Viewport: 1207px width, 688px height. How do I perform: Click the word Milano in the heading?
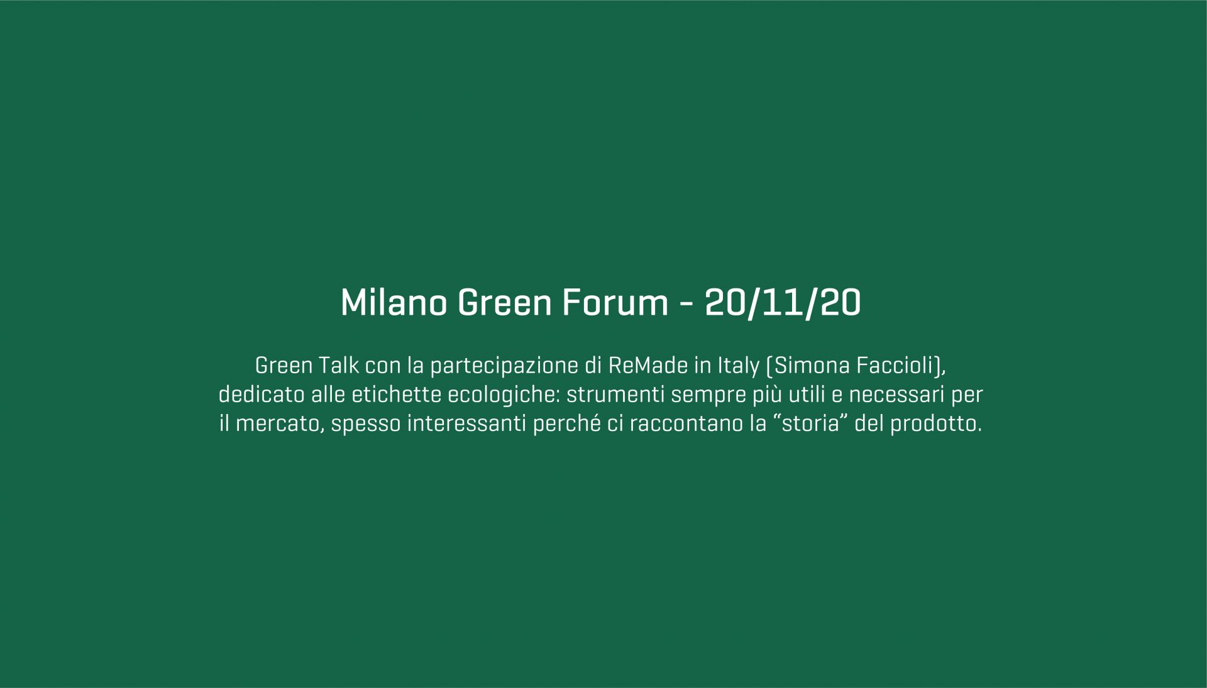[394, 302]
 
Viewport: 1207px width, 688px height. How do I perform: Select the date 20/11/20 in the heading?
[783, 303]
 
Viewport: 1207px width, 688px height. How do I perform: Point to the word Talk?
[339, 365]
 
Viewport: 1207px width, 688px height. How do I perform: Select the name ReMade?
[648, 365]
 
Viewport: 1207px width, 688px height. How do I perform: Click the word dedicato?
[262, 395]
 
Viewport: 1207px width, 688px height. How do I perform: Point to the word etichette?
[397, 395]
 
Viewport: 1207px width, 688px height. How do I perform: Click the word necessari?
[897, 395]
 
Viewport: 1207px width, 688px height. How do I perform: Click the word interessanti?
[467, 424]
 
